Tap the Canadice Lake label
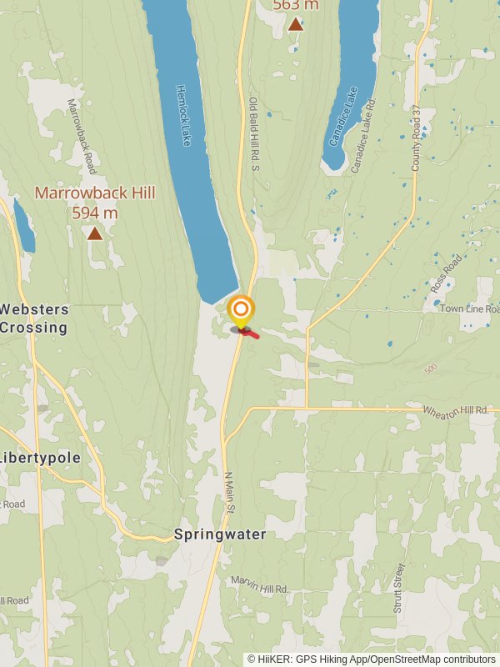[342, 116]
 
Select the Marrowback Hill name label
[95, 193]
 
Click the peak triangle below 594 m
[95, 234]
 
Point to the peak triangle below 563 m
[296, 24]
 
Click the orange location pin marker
[241, 311]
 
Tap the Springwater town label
[220, 534]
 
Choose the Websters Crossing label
[34, 318]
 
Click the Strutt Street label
[398, 589]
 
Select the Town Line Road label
[467, 308]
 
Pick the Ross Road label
[446, 273]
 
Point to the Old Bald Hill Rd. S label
[255, 134]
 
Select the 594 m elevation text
[95, 213]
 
